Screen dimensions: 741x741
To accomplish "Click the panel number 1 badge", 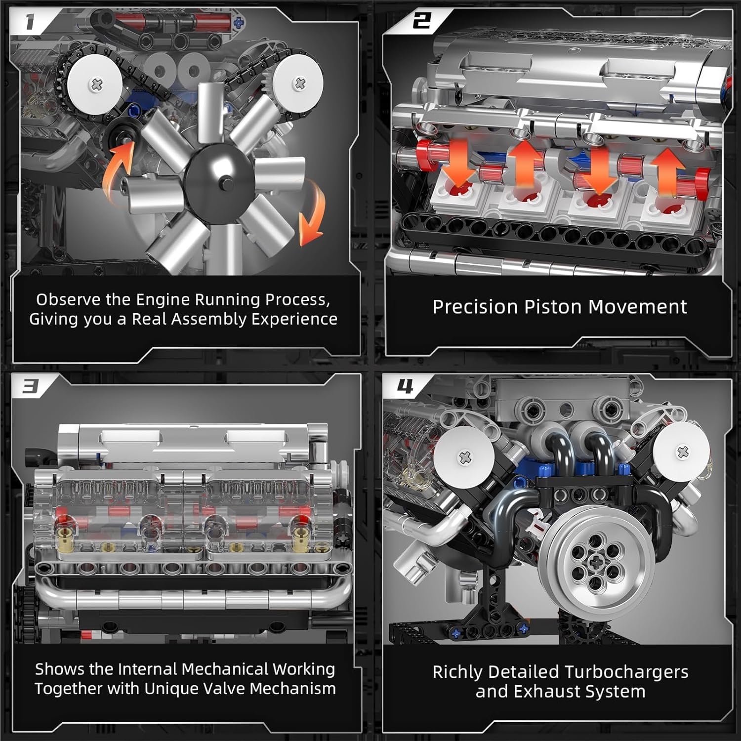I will [30, 22].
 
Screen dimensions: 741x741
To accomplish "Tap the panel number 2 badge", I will [421, 20].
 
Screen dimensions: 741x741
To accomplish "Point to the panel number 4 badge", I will [405, 386].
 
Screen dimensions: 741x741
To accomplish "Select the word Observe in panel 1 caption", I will [69, 299].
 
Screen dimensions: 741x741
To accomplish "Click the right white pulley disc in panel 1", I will [298, 82].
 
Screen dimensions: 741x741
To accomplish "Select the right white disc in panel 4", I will [682, 451].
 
